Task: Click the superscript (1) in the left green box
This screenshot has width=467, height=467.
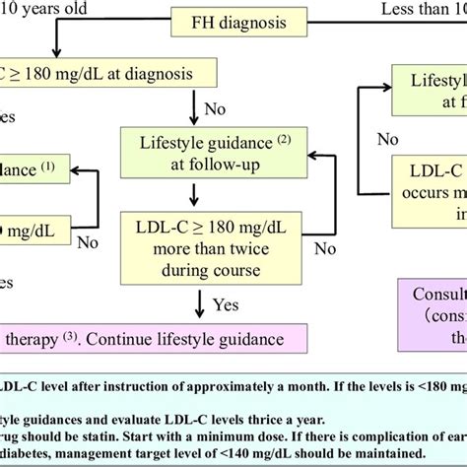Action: point(79,167)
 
